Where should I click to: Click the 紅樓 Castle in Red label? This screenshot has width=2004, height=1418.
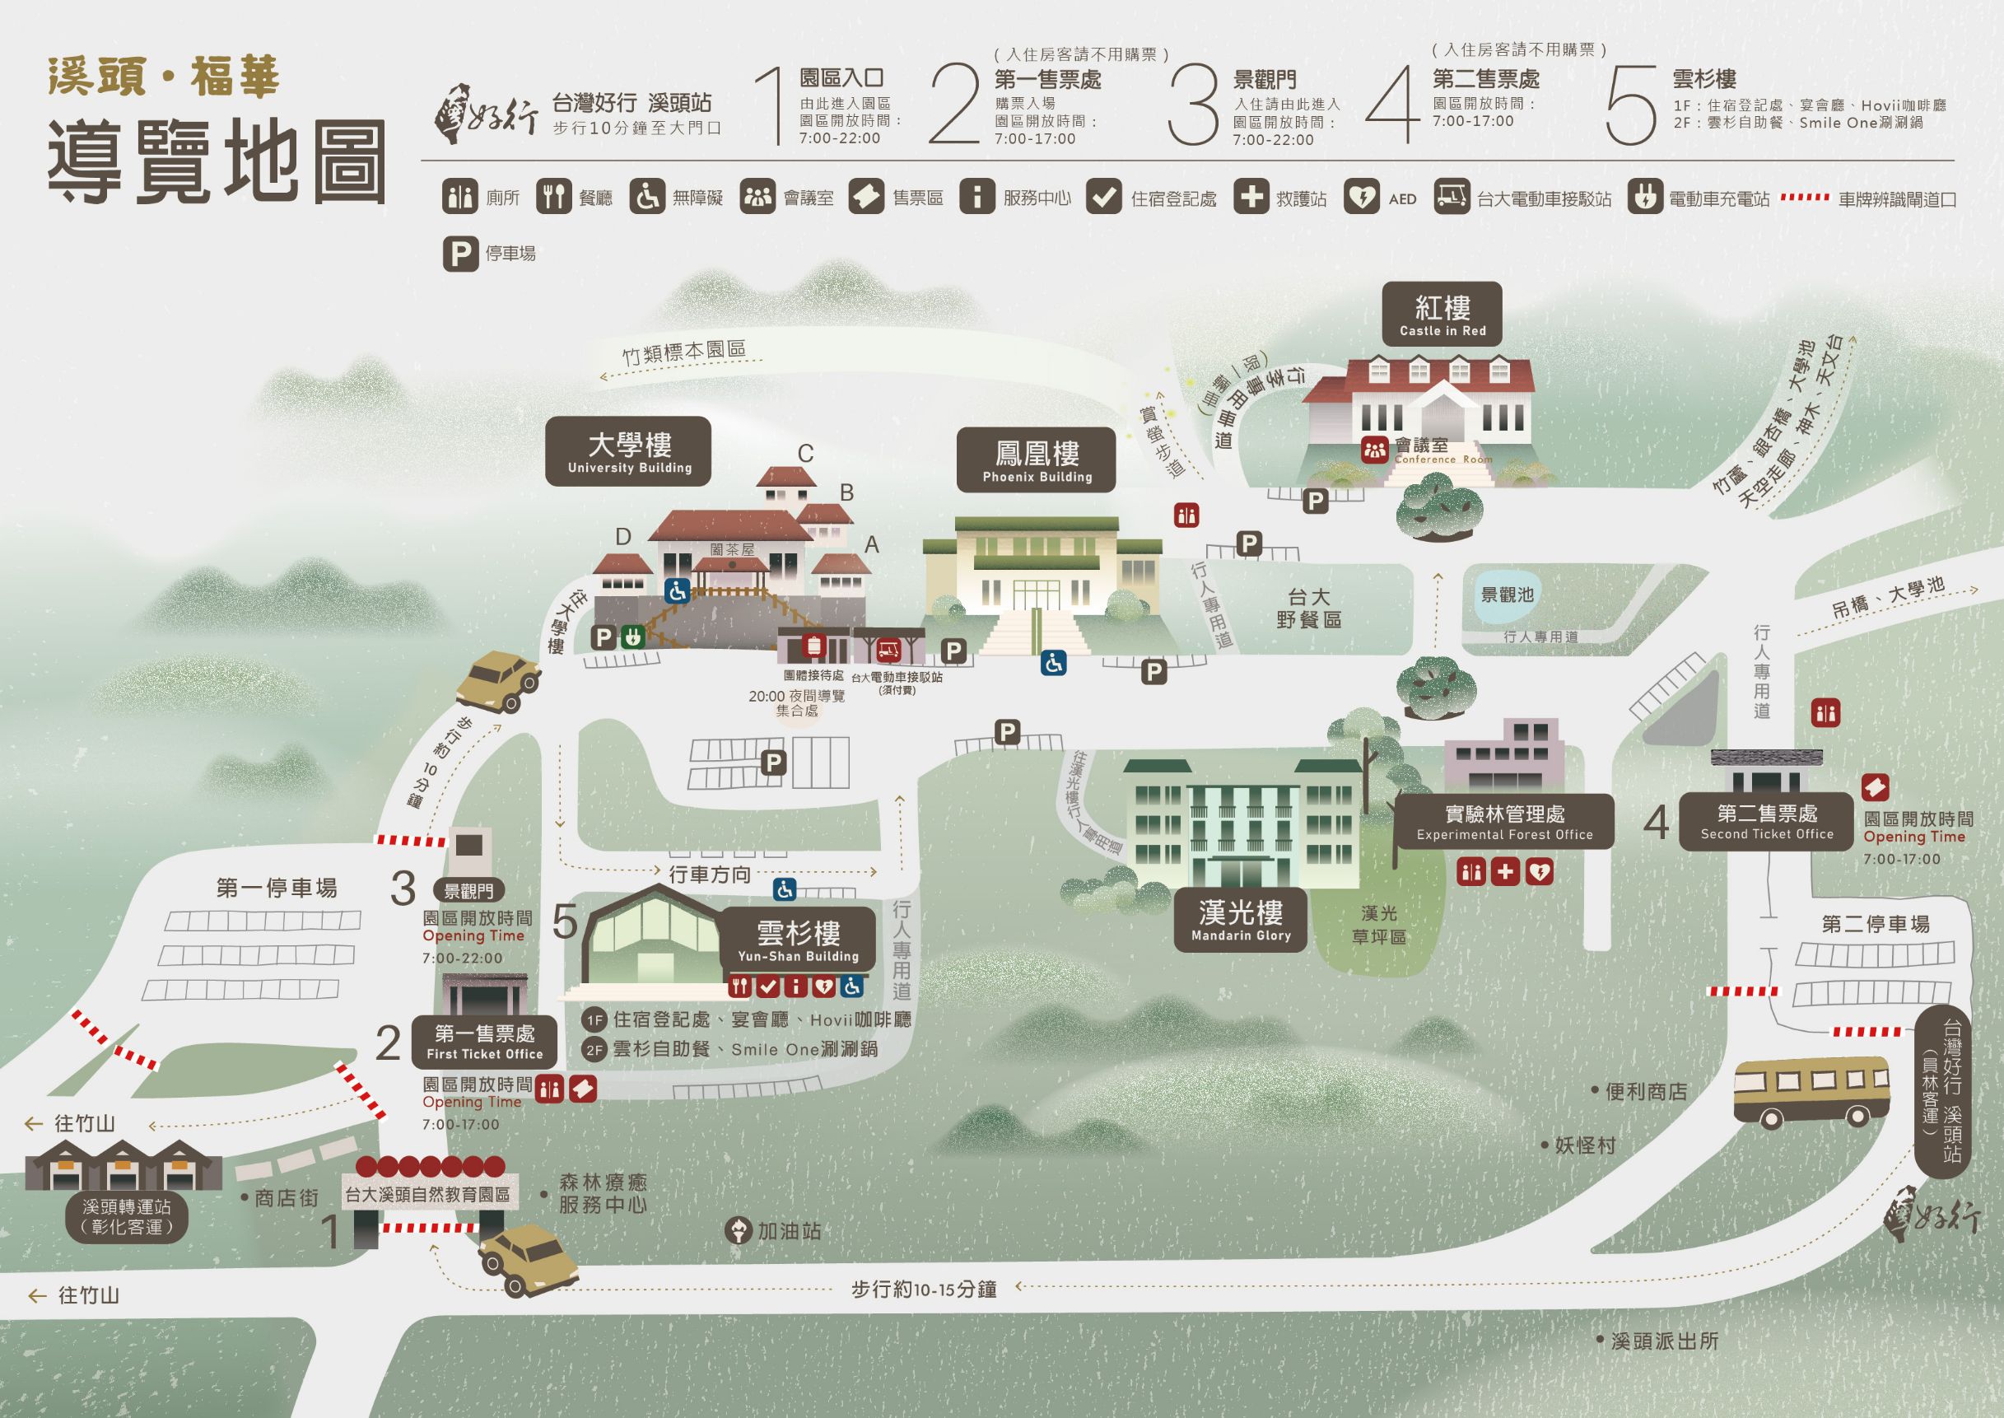click(1442, 315)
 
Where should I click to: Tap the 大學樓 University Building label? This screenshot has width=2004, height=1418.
click(628, 452)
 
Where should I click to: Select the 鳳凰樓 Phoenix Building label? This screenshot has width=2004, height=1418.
click(1036, 460)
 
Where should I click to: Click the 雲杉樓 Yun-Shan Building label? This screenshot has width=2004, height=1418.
click(798, 940)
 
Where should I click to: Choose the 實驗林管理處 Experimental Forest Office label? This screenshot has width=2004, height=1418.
click(1504, 822)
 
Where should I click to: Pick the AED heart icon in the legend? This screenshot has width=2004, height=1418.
click(1361, 198)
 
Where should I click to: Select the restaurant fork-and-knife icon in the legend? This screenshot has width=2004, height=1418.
click(553, 198)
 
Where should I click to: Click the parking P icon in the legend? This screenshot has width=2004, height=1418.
click(459, 254)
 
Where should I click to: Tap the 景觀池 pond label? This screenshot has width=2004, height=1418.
click(1507, 595)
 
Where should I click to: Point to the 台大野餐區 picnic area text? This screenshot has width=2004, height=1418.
click(1308, 609)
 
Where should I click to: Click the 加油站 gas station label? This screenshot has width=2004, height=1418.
click(788, 1231)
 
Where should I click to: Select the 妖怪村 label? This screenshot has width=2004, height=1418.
click(1585, 1145)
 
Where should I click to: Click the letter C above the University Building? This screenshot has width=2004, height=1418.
click(805, 454)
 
